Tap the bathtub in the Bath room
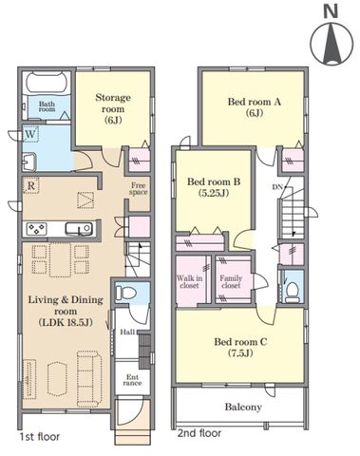click(47, 83)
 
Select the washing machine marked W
click(30, 134)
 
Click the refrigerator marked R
click(30, 185)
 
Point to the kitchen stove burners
click(37, 228)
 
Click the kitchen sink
click(79, 229)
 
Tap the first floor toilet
click(125, 293)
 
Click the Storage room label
click(113, 108)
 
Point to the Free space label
click(139, 189)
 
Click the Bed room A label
click(255, 107)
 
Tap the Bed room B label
click(214, 187)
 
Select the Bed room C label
click(240, 347)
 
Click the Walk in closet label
click(189, 282)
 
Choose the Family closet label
click(231, 282)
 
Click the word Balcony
click(243, 407)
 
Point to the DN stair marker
click(277, 187)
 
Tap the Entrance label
click(132, 380)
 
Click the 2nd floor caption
click(199, 433)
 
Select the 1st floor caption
click(40, 437)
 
